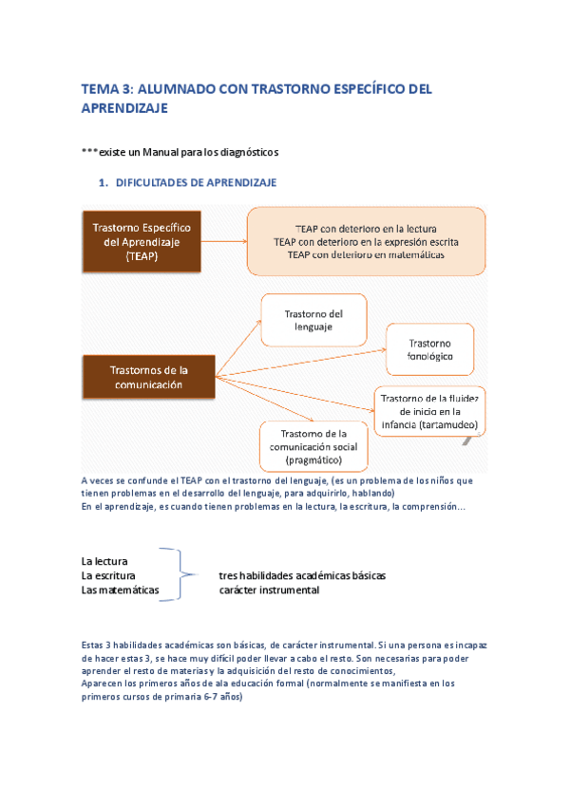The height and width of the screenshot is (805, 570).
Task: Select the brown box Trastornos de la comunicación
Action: pos(148,377)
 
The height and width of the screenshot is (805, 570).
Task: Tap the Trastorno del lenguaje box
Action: pos(313,319)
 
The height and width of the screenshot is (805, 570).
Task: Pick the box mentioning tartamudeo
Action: pos(431,410)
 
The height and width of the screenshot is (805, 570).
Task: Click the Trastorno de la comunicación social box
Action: pos(313,446)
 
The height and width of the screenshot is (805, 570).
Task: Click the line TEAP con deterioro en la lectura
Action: pos(366,229)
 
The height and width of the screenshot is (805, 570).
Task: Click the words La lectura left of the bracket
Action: pos(104,561)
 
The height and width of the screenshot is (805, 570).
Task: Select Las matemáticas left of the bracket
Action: pos(120,590)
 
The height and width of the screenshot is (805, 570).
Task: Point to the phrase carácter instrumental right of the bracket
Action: pos(269,590)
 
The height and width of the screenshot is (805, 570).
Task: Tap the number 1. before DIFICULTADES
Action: pos(104,182)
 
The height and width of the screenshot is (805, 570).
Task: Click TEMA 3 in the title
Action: pos(107,89)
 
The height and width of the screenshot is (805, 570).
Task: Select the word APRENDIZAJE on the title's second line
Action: pos(124,109)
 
